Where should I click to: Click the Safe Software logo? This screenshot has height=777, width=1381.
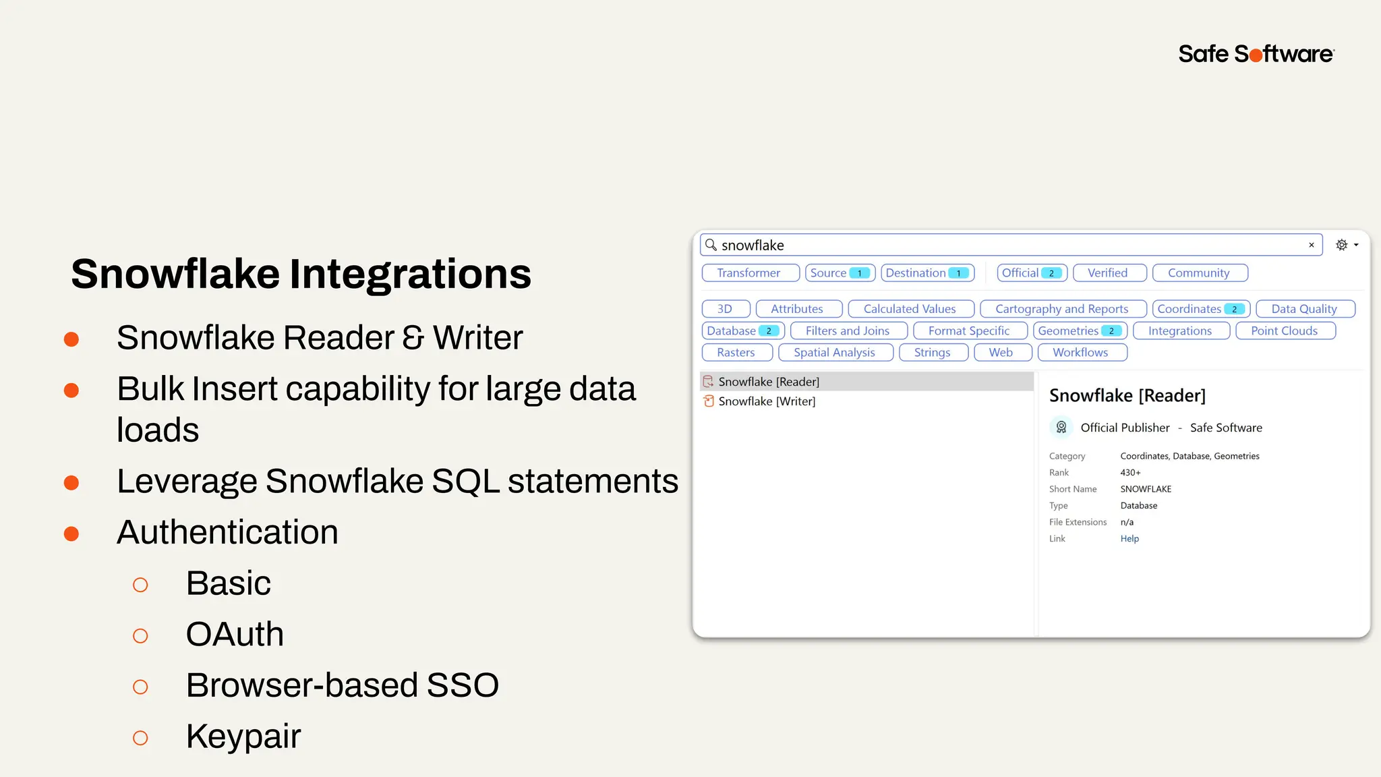(1256, 54)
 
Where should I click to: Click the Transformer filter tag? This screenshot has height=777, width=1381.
(750, 273)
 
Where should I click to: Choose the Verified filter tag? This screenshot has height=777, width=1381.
(1109, 273)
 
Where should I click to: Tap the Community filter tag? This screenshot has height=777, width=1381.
(1199, 273)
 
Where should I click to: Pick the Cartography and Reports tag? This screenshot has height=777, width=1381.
(1062, 309)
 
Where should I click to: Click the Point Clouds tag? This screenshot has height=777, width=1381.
(1285, 331)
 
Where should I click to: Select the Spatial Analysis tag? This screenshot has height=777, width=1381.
(835, 353)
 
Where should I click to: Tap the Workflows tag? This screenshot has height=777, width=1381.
(1081, 353)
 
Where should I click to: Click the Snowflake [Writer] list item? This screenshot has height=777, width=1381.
(767, 401)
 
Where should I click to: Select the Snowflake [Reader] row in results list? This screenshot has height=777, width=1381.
(769, 382)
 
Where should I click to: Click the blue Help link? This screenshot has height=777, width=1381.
(1129, 539)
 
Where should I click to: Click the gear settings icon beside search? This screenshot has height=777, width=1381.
(1342, 245)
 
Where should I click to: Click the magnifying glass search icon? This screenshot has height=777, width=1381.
(711, 245)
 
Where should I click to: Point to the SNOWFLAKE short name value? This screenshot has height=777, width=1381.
(1146, 489)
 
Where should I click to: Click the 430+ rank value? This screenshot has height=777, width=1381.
(1130, 473)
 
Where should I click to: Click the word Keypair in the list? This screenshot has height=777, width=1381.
(243, 736)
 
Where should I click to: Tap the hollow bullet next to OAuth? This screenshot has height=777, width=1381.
(140, 636)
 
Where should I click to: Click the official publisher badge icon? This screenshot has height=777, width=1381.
(1061, 428)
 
